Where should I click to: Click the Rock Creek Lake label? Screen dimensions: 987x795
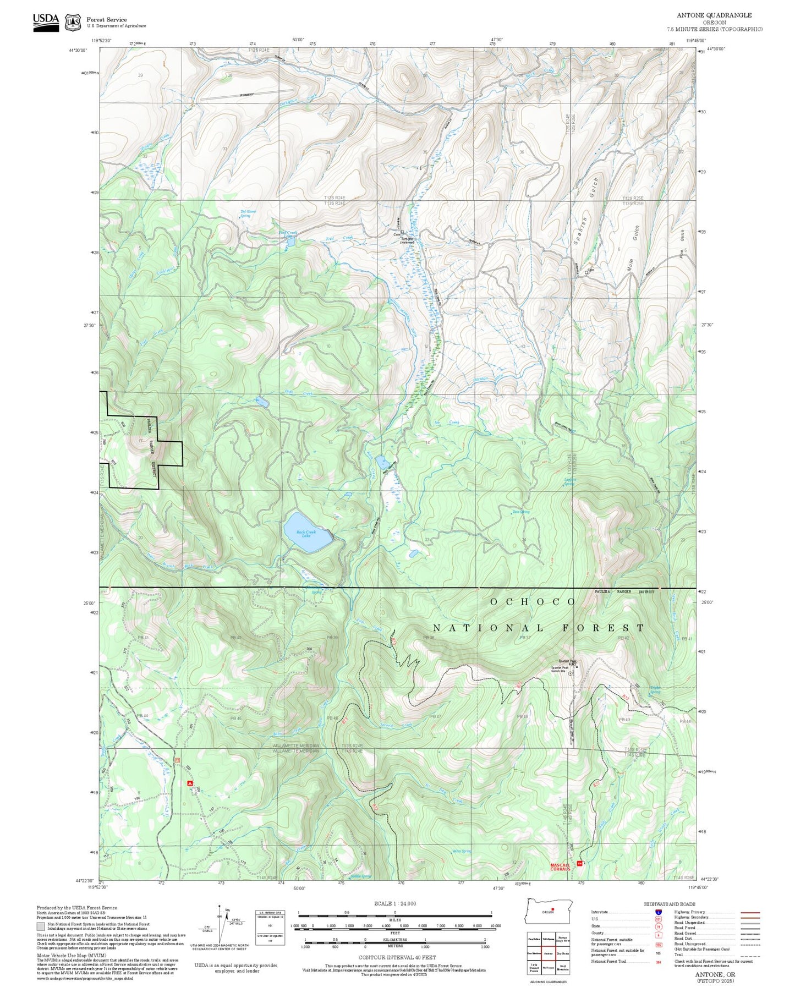point(306,534)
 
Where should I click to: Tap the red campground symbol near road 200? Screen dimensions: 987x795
point(190,782)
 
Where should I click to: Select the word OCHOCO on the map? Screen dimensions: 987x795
point(533,602)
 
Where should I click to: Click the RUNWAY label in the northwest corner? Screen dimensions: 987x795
point(247,95)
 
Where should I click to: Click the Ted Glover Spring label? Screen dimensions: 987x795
point(248,213)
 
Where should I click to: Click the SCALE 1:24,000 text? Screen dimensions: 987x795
point(394,903)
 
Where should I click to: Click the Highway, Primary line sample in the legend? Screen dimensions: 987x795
point(750,912)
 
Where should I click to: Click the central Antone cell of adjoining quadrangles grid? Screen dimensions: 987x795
point(548,953)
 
